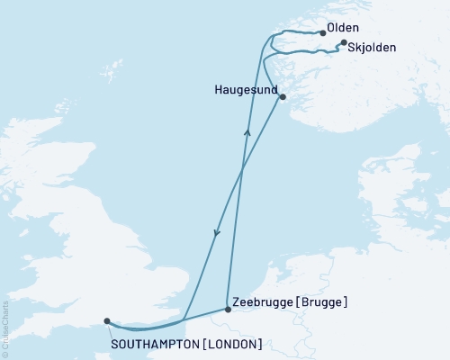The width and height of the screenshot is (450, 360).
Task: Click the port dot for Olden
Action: (322, 33)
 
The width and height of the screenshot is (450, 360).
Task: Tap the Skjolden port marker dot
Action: (343, 42)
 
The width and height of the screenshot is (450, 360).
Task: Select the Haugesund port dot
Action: (283, 97)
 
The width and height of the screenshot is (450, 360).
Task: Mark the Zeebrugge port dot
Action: (227, 310)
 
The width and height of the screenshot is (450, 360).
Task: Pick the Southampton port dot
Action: (107, 320)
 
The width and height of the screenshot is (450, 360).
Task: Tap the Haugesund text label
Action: (246, 91)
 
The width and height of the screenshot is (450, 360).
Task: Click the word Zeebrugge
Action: (261, 302)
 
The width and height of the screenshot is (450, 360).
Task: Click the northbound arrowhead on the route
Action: (247, 133)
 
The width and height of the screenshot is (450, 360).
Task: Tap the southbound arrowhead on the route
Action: (215, 234)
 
